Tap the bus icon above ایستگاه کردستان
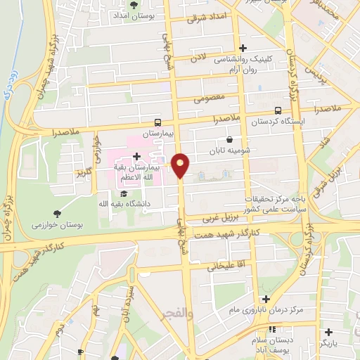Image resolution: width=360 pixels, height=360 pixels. tap(278, 110)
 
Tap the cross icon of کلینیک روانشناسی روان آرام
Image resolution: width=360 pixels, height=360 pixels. tap(243, 49)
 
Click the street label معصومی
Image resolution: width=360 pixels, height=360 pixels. tap(208, 96)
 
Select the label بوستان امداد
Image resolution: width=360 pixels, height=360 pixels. tap(134, 15)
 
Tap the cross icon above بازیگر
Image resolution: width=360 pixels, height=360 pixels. tap(328, 331)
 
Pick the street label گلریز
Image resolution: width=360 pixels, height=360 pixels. tap(85, 173)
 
